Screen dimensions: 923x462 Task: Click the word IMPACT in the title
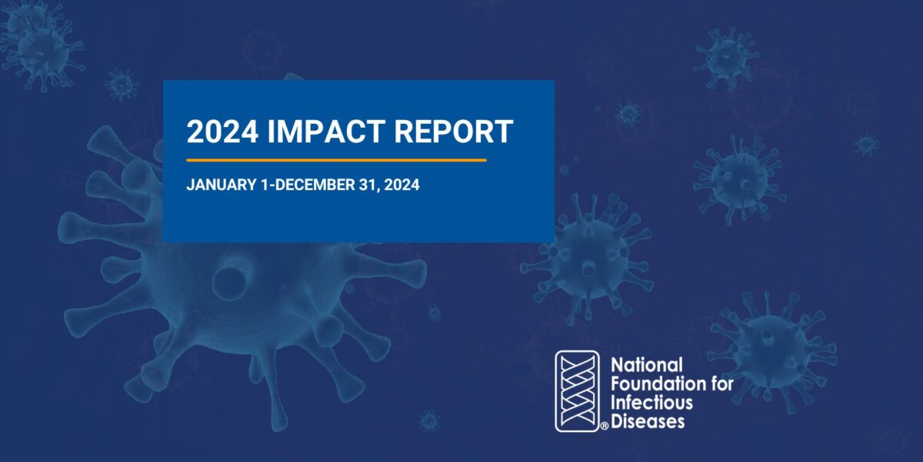click(326, 132)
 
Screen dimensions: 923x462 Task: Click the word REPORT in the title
click(454, 132)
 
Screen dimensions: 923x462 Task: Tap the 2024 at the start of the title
click(222, 132)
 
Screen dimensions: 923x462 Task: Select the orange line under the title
click(336, 160)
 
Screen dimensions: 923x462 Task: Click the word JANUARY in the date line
click(222, 185)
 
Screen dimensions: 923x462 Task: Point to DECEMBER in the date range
click(315, 185)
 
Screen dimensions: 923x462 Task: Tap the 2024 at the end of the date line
click(402, 185)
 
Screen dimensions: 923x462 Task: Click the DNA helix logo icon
click(577, 391)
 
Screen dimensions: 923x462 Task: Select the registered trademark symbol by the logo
click(604, 426)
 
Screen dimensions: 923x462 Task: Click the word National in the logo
click(647, 365)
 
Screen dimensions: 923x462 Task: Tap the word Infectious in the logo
click(651, 403)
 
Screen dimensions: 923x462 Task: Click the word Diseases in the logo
click(648, 422)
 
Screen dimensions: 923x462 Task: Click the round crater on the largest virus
click(232, 283)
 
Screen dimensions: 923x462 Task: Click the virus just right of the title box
click(587, 259)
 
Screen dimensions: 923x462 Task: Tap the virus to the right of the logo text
click(771, 350)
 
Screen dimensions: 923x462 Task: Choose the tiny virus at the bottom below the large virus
click(429, 421)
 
